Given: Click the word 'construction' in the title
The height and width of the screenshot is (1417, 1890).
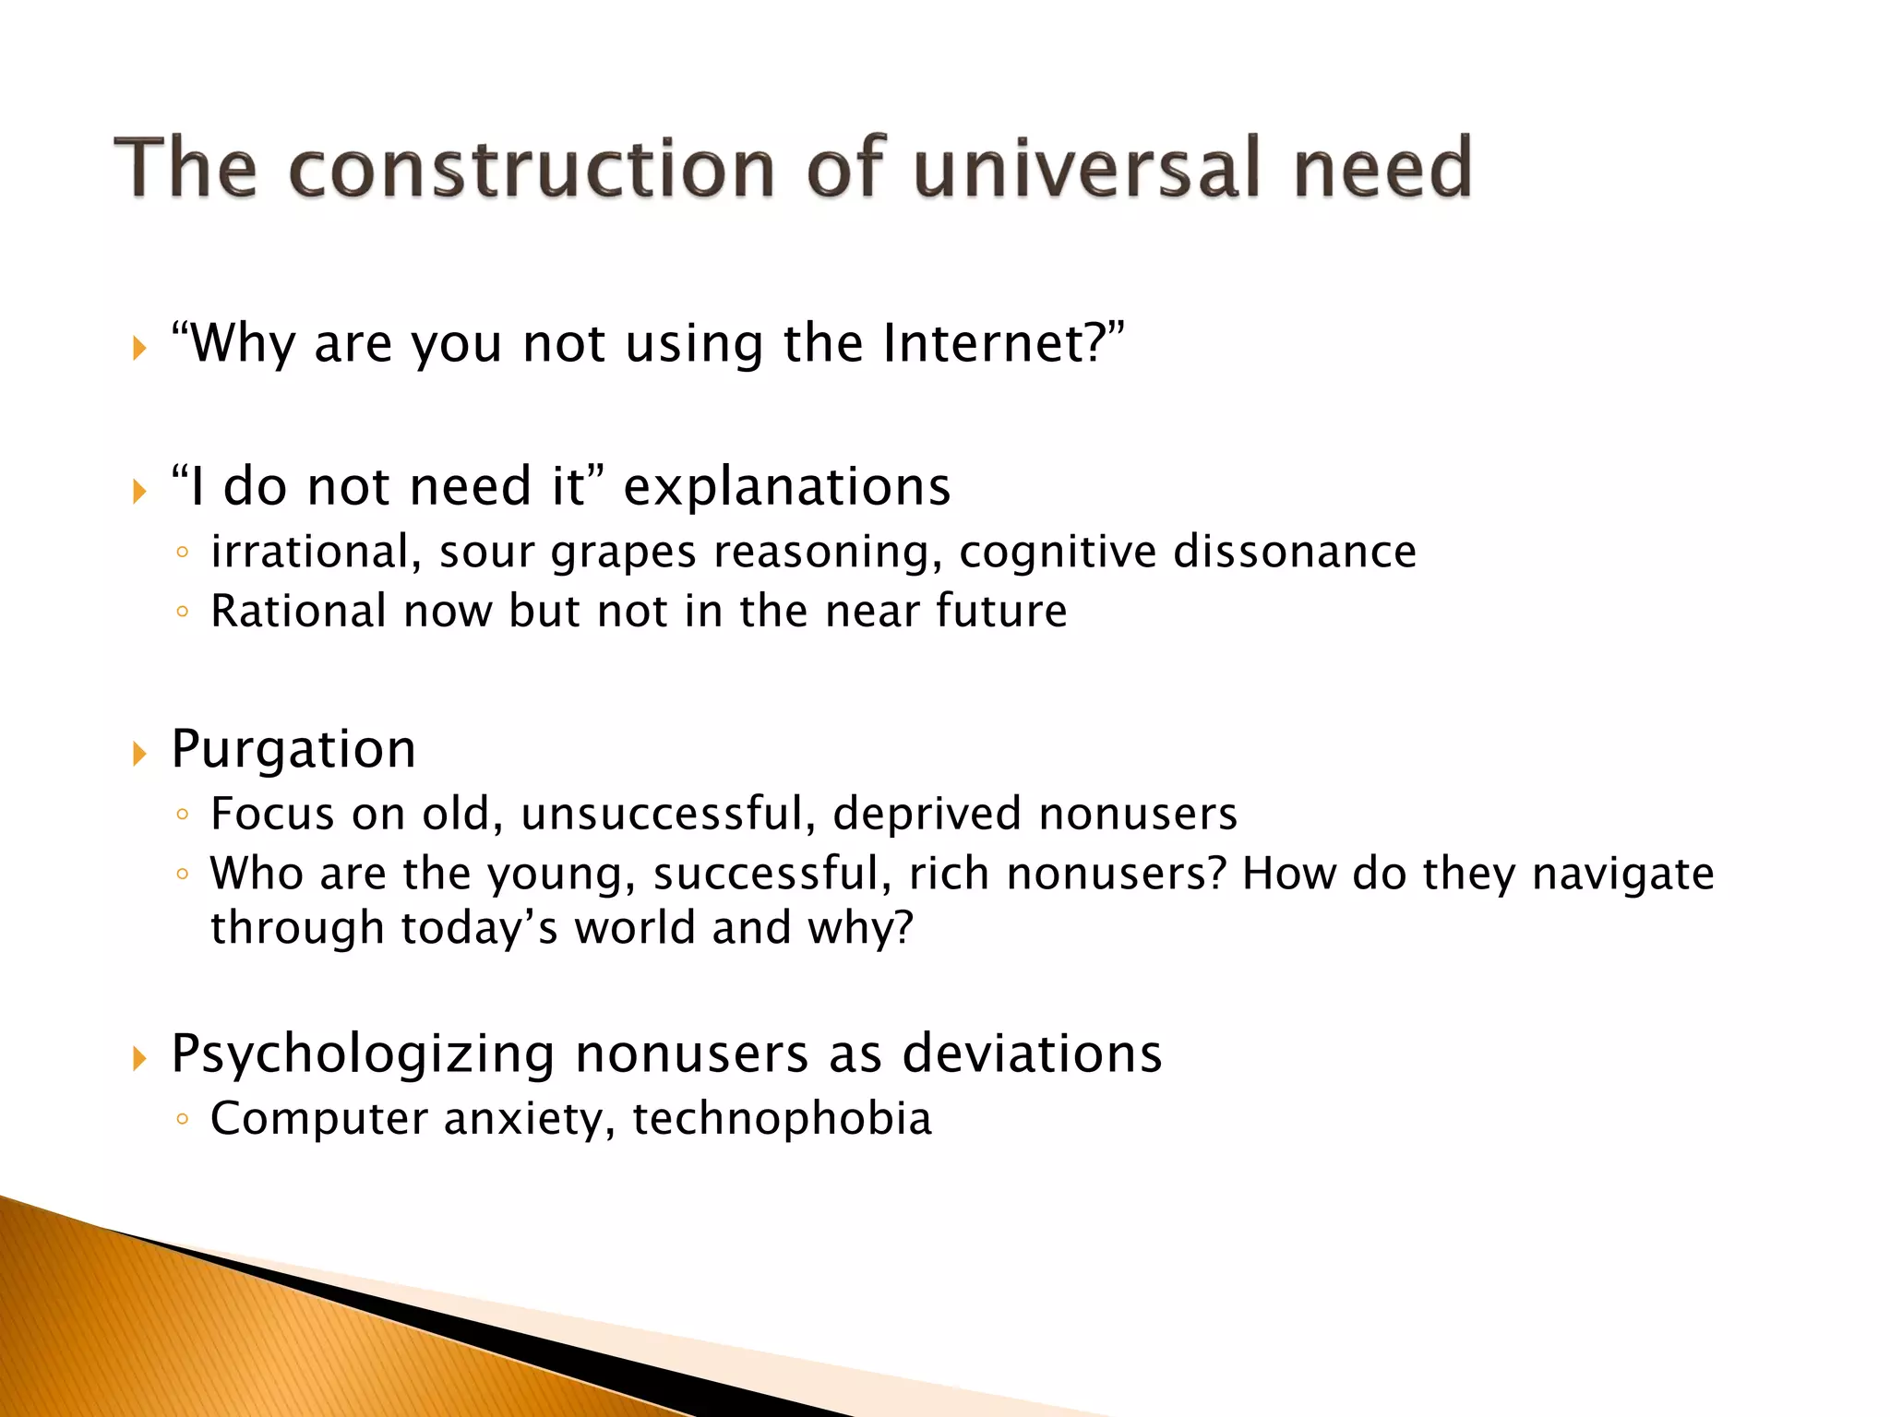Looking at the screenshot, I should click(x=531, y=169).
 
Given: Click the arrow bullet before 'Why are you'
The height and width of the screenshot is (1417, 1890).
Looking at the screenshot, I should click(x=139, y=349).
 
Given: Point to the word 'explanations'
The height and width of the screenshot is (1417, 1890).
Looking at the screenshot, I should click(x=786, y=486).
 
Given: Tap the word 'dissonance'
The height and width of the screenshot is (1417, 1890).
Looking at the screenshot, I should click(x=1294, y=552).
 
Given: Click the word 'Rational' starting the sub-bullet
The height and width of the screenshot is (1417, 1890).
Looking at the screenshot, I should click(x=298, y=611).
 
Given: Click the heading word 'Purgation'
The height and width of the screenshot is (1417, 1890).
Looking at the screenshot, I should click(x=293, y=749).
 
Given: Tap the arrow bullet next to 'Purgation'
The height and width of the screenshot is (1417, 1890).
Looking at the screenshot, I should click(x=139, y=755).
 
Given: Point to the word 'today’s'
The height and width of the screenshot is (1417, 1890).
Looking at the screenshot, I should click(x=479, y=928).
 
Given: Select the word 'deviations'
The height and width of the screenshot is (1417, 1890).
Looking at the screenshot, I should click(x=1032, y=1053).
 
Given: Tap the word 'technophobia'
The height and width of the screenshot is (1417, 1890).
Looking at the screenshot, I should click(x=782, y=1118).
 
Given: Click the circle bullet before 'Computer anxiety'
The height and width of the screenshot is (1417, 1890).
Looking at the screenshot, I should click(x=183, y=1119).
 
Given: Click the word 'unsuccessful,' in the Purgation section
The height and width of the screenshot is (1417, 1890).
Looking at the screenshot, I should click(x=668, y=815).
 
